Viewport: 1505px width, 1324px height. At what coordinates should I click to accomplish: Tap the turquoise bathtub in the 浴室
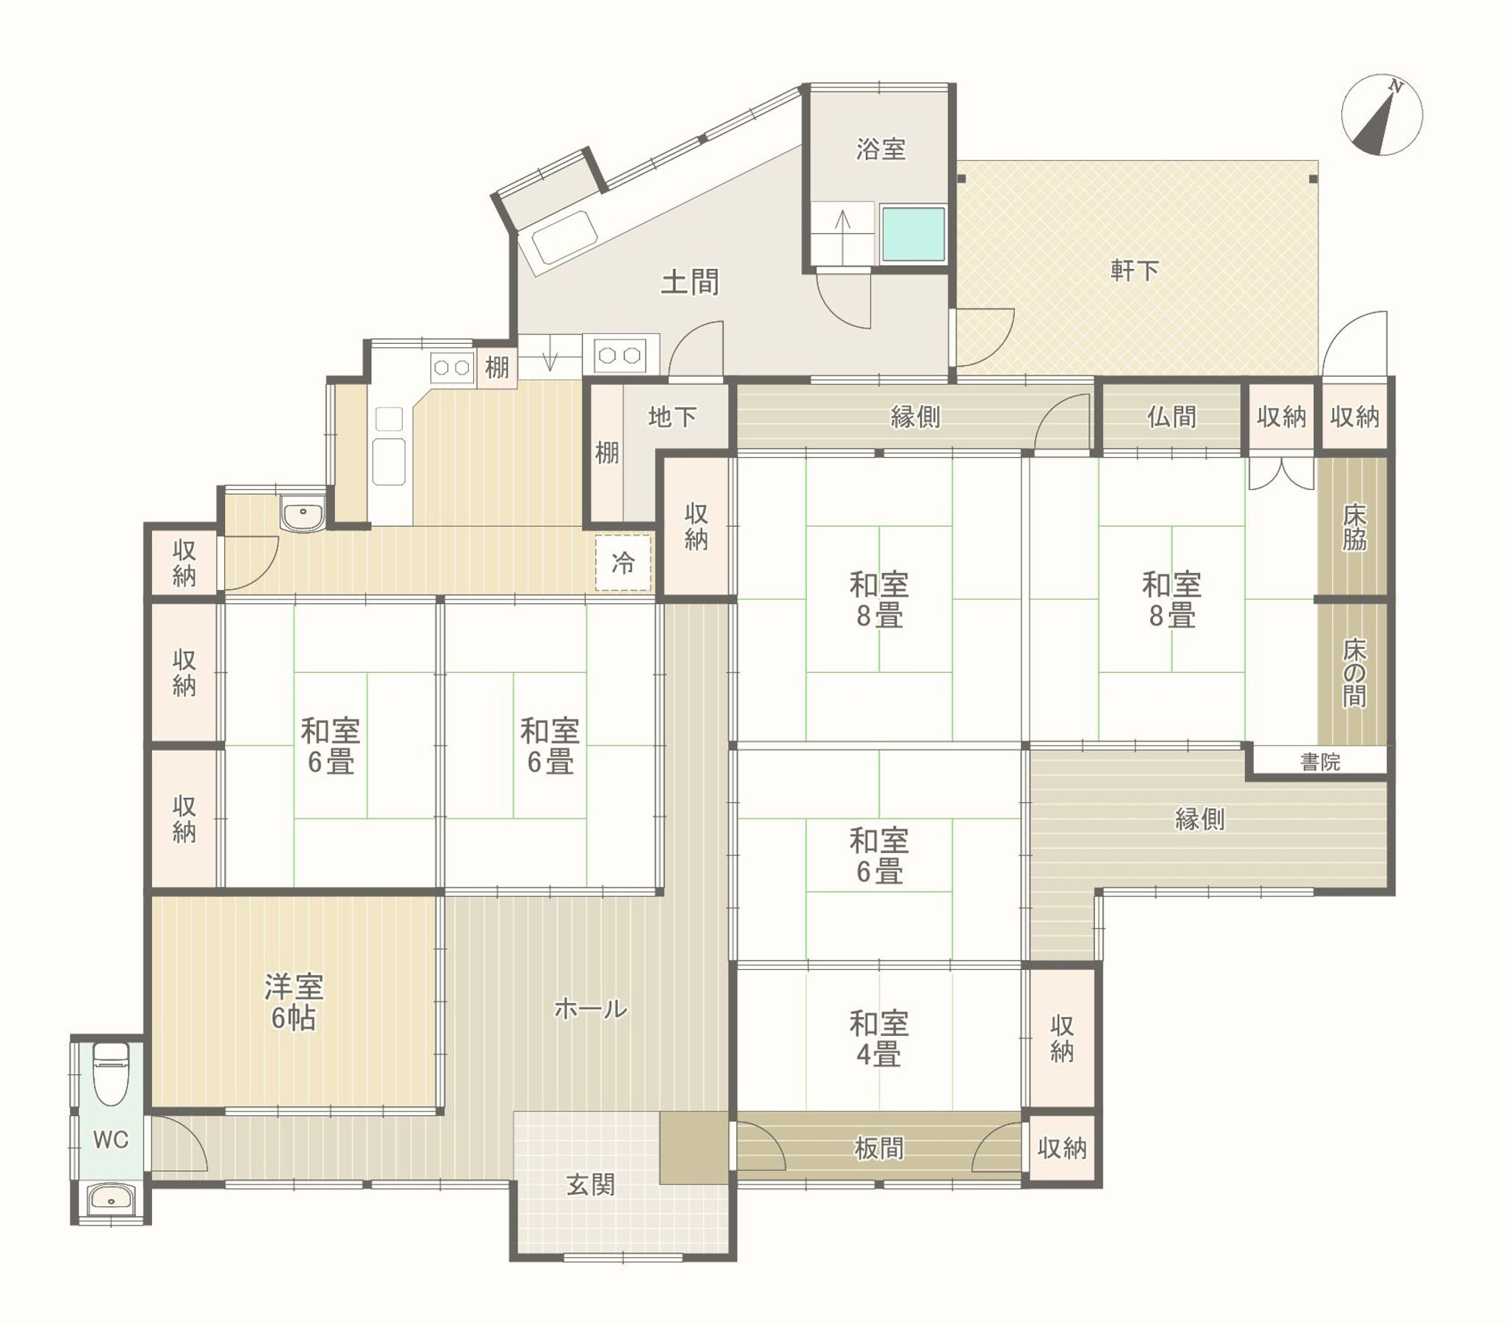point(913,234)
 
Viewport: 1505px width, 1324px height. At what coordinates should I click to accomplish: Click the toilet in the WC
point(111,1073)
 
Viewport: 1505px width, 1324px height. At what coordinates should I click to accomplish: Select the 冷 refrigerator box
point(624,564)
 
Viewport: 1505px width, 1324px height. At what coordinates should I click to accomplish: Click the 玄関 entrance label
point(590,1185)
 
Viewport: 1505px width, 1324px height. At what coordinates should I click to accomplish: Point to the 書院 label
point(1320,762)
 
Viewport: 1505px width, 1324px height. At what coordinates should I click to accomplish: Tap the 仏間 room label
point(1171,417)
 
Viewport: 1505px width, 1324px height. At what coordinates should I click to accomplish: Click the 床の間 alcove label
point(1354,673)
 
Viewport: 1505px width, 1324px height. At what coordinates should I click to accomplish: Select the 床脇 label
point(1354,528)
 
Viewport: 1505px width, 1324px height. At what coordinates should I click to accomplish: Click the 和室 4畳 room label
point(878,1039)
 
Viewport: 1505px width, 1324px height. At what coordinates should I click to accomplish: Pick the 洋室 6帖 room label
point(294,1002)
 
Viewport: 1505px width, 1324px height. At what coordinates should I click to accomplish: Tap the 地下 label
point(672,417)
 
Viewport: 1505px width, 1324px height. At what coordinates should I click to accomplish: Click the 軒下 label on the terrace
point(1135,271)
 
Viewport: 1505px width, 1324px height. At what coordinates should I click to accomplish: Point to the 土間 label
point(689,282)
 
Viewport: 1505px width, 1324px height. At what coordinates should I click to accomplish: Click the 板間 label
point(878,1148)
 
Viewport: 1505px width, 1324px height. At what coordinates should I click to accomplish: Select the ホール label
point(590,1009)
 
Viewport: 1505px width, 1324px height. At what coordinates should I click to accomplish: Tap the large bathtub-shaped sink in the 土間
point(565,237)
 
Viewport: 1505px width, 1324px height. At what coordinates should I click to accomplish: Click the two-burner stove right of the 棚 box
point(619,356)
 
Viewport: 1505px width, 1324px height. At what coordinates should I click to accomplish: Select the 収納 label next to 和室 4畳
point(1061,1039)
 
